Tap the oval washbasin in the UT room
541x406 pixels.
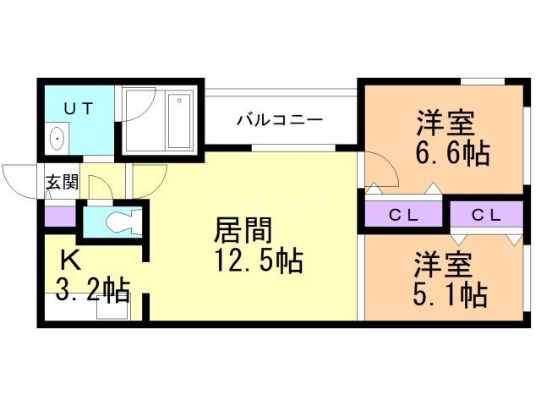(x=58, y=138)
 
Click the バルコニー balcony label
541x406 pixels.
(x=280, y=119)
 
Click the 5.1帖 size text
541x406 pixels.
(x=450, y=294)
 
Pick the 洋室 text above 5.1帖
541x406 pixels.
(x=442, y=263)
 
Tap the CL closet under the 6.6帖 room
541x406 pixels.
(x=403, y=215)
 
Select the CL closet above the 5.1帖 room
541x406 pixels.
(x=485, y=215)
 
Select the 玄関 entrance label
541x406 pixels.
(x=61, y=182)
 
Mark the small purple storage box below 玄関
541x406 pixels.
(x=59, y=216)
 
